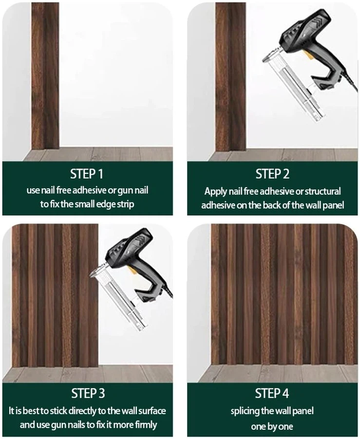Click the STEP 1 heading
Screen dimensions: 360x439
pyautogui.click(x=87, y=174)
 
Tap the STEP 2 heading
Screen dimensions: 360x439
pyautogui.click(x=272, y=174)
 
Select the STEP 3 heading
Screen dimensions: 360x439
pyautogui.click(x=88, y=393)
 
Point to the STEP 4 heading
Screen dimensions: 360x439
pyautogui.click(x=272, y=393)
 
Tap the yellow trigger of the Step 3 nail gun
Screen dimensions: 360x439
pyautogui.click(x=131, y=270)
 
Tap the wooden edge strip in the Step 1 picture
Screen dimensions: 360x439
pyautogui.click(x=45, y=75)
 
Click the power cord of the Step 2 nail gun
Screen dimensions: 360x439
pyautogui.click(x=350, y=81)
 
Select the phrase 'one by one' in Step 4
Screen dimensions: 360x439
pyautogui.click(x=272, y=427)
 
